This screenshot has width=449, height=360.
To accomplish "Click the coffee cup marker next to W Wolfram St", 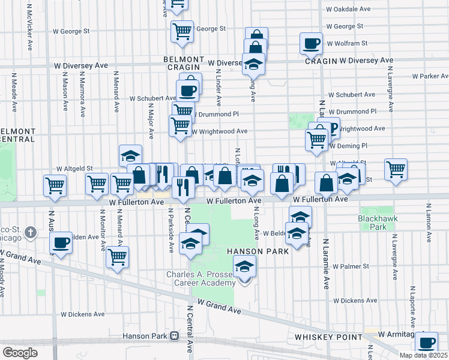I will (x=312, y=43).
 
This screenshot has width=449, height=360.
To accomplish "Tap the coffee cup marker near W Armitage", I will (x=426, y=343).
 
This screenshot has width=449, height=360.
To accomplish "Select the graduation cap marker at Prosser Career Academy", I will (x=244, y=266).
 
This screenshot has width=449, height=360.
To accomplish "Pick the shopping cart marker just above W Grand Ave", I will (x=117, y=257).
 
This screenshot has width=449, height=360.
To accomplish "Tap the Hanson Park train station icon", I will (x=175, y=336).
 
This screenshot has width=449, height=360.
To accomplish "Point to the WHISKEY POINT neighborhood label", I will (x=325, y=338).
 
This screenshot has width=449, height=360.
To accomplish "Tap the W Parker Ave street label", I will (x=430, y=76).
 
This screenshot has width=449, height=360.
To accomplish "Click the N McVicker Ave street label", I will (x=29, y=23).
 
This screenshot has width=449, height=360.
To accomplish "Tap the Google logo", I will (x=20, y=353).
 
